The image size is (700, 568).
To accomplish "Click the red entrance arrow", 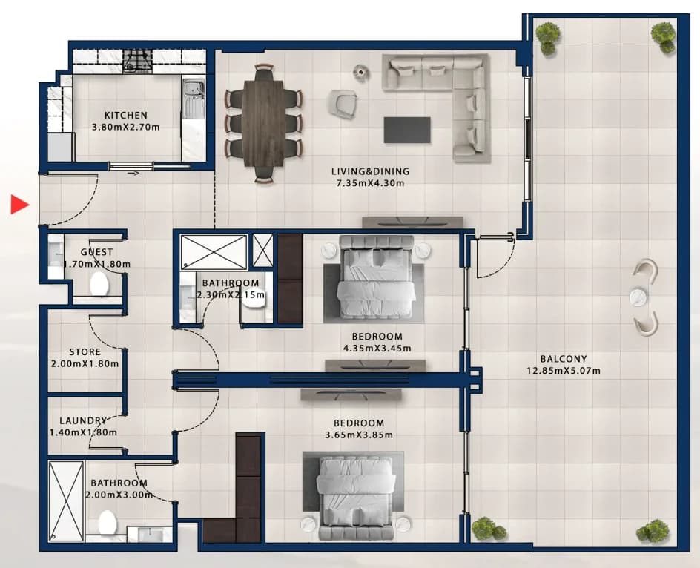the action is pos(19,204).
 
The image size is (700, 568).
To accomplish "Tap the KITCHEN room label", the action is pos(126,115).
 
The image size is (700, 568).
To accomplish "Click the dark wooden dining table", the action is pos(264,123).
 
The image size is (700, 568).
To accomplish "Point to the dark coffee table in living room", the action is pos(407,130).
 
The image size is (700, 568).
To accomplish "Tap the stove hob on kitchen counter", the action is pos(137,61).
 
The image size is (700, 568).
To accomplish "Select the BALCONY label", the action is pos(564,359).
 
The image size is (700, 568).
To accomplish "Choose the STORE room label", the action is pos(85,352).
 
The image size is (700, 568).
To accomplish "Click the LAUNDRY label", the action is pos(83,420).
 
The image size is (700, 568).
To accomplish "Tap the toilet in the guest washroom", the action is pos(99,283).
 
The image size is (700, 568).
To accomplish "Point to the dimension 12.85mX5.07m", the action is pos(564,371).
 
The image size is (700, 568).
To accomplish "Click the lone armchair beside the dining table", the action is pos(343,103).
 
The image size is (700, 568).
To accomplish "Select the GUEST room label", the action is pos(96,252).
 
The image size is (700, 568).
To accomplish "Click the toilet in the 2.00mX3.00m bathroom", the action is pos(108,521).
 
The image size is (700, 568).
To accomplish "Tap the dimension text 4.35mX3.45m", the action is pos(377,349).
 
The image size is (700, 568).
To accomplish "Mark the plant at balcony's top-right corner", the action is pos(663,38).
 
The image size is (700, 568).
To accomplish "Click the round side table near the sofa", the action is pos(360,72).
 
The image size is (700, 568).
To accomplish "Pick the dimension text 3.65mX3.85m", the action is pos(359,435).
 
